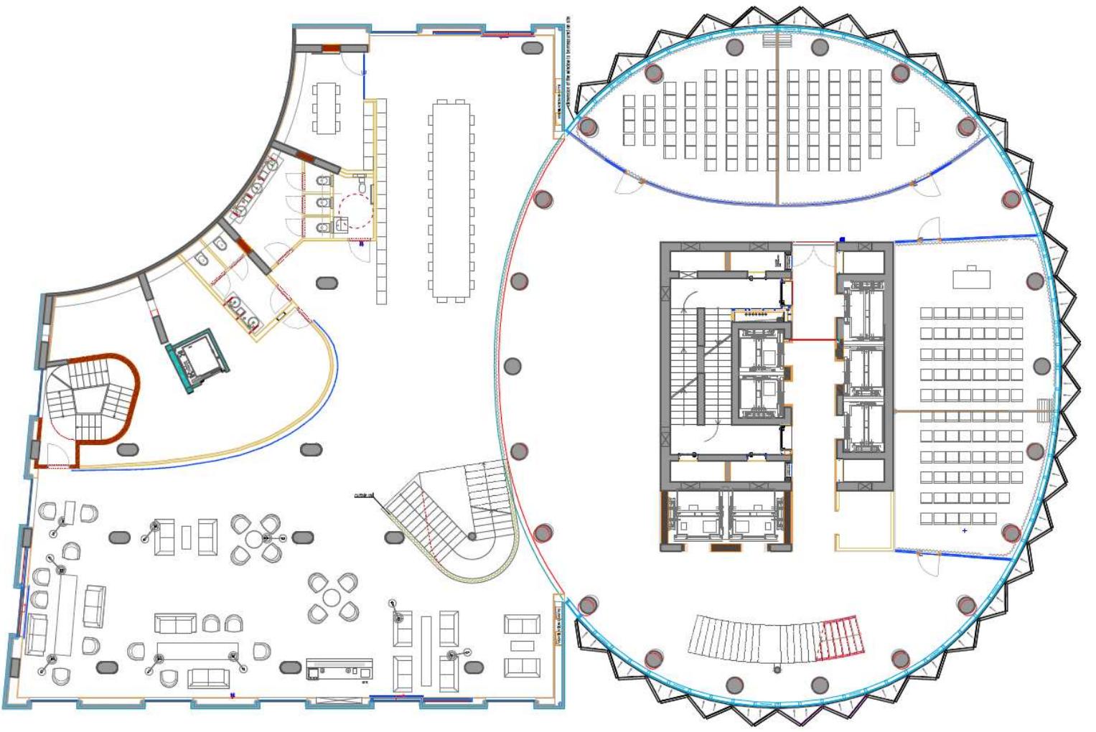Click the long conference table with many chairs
coord(451,200)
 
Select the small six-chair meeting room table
coord(327,108)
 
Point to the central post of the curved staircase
coord(472,537)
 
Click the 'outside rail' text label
coord(364,495)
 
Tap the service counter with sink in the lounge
coord(339,669)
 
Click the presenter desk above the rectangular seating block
coord(971,278)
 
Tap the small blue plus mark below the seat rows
coord(964,531)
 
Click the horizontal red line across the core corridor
coord(813,340)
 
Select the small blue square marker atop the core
coord(843,240)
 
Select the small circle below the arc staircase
coord(777,670)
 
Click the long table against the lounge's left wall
coord(64,614)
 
